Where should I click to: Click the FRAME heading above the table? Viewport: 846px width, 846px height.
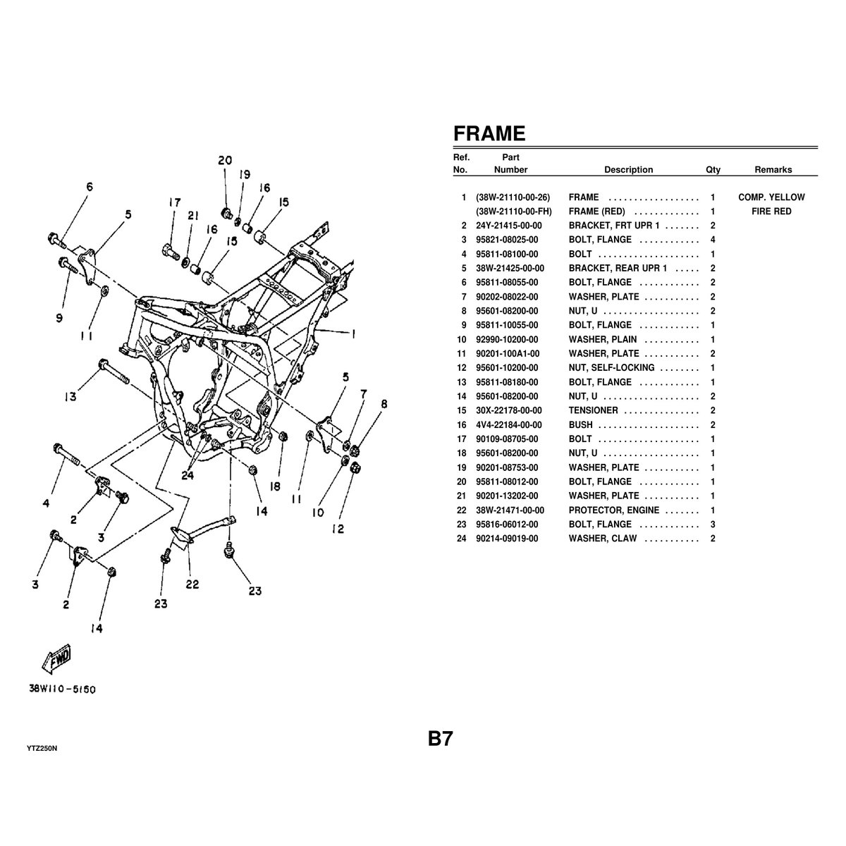489,133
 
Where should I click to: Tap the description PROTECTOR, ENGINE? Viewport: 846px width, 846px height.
614,510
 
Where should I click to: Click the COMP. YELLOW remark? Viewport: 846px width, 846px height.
771,197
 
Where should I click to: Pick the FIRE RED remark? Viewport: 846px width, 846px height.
771,211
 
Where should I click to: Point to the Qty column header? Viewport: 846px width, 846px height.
713,170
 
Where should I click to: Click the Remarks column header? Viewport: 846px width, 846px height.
773,170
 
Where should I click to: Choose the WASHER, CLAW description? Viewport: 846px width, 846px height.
603,539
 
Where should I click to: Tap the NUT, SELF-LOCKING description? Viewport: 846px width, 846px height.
611,368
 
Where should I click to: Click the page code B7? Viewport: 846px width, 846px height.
440,739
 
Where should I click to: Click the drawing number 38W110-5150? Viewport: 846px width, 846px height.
63,689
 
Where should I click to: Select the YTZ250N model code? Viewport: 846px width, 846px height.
42,747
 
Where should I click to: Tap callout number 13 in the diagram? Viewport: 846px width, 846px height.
70,397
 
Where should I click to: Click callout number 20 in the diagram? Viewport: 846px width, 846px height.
224,161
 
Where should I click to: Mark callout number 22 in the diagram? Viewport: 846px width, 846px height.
192,584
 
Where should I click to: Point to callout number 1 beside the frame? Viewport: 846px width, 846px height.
352,332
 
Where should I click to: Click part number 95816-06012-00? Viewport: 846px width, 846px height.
507,525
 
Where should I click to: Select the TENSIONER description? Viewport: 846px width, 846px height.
593,410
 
